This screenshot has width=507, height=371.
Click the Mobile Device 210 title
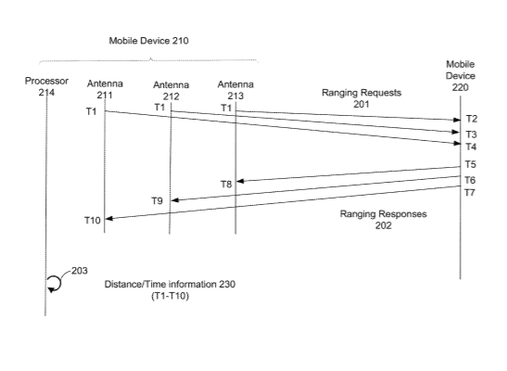(x=148, y=41)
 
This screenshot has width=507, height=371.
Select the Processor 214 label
(x=46, y=86)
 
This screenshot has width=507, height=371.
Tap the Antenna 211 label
(x=105, y=89)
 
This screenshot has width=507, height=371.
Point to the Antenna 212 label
(x=171, y=91)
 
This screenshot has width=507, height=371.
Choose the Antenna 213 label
(x=235, y=90)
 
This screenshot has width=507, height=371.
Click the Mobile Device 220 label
(x=460, y=76)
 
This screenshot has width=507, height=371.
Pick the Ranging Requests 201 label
(x=361, y=98)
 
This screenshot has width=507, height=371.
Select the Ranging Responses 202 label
(x=383, y=220)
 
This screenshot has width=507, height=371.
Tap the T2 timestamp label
(x=472, y=119)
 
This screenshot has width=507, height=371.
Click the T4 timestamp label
(x=471, y=147)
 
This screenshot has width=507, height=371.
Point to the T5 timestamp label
(x=471, y=164)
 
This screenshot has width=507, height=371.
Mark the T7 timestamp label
(x=470, y=193)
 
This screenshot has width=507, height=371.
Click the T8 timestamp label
(x=226, y=185)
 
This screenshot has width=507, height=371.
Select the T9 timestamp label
(x=158, y=201)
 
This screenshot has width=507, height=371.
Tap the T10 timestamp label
(x=93, y=220)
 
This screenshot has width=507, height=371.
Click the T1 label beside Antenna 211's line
(x=91, y=111)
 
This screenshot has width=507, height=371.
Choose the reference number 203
(x=80, y=271)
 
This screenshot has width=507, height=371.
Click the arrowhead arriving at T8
(x=239, y=181)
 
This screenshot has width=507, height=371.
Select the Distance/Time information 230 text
(x=170, y=285)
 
